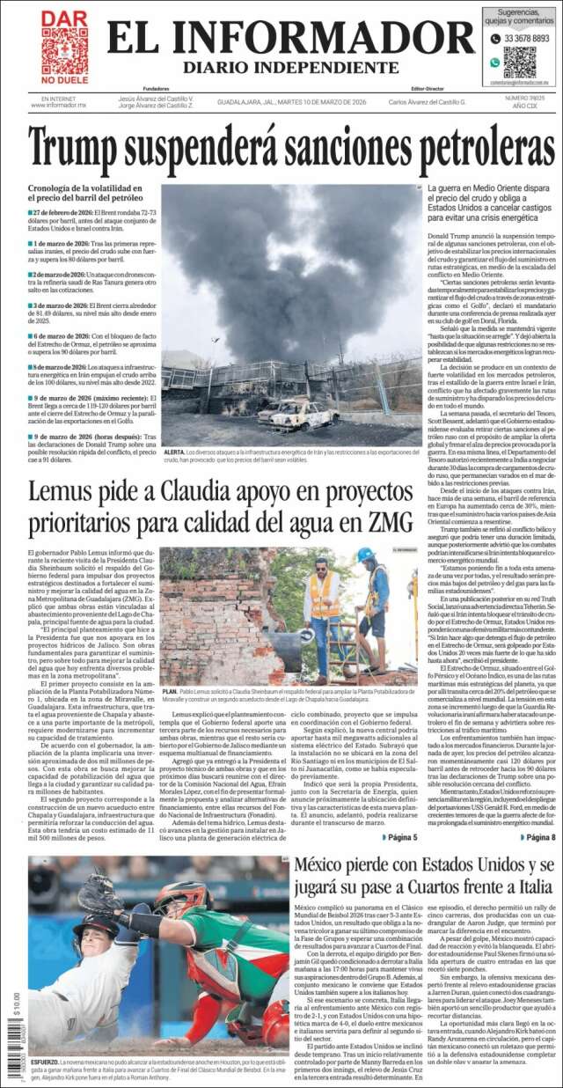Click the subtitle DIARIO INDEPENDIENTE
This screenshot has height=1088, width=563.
point(290,68)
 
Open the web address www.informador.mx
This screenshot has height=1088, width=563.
point(58,105)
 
